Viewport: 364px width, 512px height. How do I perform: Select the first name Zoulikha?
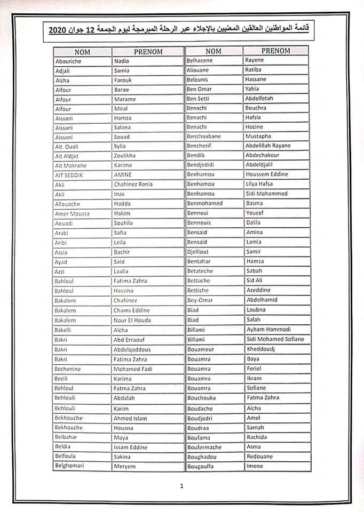coord(124,156)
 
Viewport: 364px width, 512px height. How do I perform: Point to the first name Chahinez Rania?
coord(133,185)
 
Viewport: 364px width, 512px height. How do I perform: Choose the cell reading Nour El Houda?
coord(132,321)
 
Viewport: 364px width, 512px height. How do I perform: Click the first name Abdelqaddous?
coord(132,349)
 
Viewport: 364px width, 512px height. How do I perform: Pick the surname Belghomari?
coord(69,466)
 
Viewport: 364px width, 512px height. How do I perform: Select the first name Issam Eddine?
coord(131,447)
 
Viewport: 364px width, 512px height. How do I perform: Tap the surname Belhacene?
coord(200,60)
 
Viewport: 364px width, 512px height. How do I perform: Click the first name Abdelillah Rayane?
coord(268,146)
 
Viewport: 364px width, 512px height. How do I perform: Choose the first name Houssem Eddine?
coord(266,174)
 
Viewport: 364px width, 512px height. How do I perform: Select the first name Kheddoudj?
coord(260,349)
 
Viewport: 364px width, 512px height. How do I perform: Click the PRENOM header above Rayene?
coord(276,51)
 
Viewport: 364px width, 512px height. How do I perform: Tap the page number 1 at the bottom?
coord(181,486)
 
